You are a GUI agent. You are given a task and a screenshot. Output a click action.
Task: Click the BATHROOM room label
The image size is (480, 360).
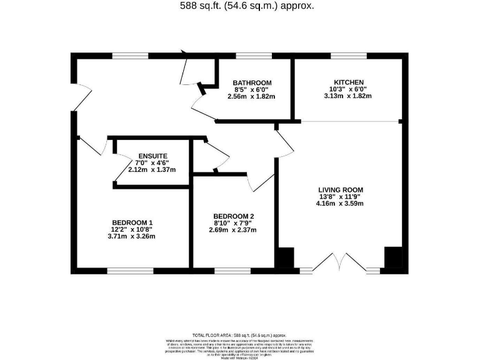252,82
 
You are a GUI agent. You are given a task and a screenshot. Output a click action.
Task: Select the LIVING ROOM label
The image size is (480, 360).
340,189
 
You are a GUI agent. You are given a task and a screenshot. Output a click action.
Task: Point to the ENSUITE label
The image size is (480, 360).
153,156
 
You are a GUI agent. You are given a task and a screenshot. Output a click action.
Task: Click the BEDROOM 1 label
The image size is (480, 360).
132,222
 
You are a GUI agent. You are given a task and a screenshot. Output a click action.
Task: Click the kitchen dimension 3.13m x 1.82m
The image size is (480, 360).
347,96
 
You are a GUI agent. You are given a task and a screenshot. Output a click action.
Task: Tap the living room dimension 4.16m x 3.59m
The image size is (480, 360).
340,203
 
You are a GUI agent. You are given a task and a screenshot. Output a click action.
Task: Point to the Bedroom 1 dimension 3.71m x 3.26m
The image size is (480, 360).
132,236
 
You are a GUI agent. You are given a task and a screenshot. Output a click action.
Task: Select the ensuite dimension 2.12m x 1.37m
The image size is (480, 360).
153,170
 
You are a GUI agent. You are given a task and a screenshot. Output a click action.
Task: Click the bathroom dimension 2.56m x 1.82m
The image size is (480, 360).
252,97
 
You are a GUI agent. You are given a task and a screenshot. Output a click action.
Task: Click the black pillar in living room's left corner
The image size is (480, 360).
286,259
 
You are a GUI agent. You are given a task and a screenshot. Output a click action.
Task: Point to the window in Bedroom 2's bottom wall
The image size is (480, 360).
232,271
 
